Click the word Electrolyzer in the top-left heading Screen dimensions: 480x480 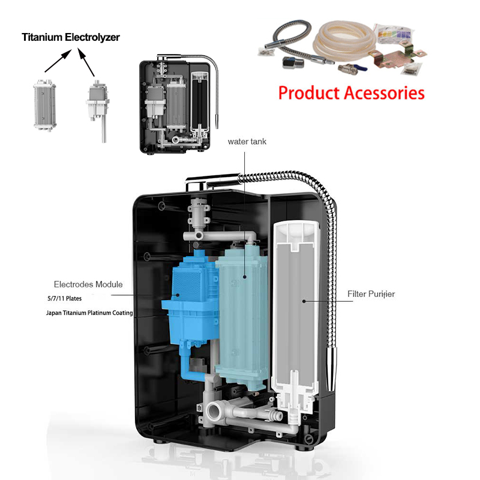(96, 37)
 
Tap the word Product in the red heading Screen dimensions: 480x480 (307, 93)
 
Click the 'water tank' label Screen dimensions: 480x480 (247, 142)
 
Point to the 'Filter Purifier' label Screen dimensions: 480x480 (371, 294)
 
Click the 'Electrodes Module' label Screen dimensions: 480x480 (88, 284)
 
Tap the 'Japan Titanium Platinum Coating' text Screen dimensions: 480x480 (89, 313)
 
